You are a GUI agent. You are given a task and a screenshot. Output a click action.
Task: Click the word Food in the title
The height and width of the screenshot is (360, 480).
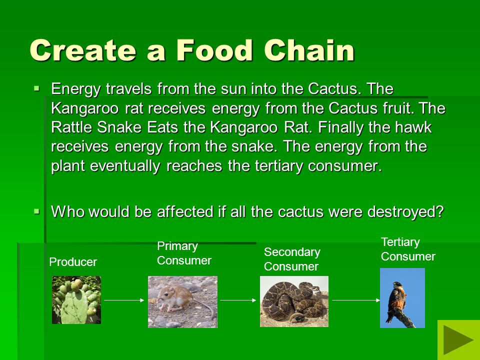pos(214,50)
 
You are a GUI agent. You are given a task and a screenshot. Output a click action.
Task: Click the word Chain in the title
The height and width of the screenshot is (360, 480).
pos(309,50)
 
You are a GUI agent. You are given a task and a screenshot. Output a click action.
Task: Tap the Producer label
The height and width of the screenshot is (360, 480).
pos(73,262)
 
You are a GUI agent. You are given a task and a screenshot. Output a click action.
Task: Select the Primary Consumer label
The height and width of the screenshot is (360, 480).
pos(184,253)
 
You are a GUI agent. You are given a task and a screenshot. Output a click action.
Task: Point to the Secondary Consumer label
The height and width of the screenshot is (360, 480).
pos(292,259)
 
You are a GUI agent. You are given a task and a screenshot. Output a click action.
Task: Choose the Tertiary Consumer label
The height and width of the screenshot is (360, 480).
pos(408,249)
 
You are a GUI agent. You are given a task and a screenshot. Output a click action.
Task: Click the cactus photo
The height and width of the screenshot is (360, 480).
pos(76,300)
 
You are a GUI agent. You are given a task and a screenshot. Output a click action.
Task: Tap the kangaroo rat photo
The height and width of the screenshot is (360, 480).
pos(183,302)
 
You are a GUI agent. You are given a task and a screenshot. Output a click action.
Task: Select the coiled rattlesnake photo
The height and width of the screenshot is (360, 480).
pos(294,301)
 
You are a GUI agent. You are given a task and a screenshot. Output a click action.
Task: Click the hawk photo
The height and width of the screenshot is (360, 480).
pos(402,298)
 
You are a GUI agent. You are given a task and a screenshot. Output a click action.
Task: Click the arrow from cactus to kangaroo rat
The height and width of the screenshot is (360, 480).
pos(124,300)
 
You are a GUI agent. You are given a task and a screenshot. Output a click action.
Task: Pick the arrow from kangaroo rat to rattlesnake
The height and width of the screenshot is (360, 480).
pos(238,300)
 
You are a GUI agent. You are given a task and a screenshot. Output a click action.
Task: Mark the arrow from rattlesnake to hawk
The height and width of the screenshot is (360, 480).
pos(356,300)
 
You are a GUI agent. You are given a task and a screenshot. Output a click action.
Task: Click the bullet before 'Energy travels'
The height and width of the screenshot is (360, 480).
pos(36,89)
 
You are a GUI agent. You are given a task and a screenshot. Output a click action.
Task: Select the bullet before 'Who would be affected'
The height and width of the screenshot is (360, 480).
pos(36,211)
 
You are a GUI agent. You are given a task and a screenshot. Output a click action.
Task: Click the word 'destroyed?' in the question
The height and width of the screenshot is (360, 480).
pos(405,212)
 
